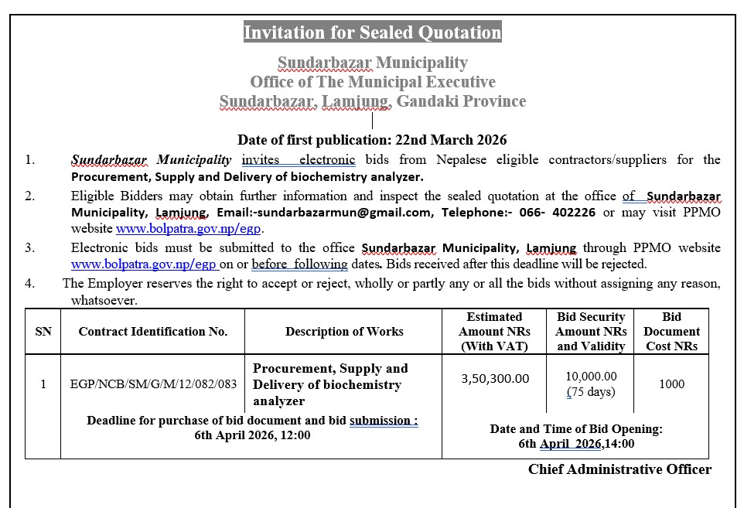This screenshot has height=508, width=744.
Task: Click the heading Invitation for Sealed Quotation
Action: coord(372,32)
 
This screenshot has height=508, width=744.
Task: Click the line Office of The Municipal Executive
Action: coord(372,81)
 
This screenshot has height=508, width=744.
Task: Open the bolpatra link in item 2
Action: coord(189,228)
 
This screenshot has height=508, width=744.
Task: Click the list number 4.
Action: coord(29,283)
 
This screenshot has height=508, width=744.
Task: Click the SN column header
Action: coord(43,332)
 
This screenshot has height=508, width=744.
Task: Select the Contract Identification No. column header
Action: coord(153,332)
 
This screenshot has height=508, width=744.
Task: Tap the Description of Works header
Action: coord(344,332)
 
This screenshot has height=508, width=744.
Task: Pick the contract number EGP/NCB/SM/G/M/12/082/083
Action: coord(153,384)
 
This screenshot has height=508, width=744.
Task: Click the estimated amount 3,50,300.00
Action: coord(495,378)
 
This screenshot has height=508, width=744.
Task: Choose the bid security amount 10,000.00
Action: coord(591,377)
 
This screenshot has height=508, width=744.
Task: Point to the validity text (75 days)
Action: coord(591,391)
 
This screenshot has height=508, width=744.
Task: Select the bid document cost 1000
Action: coord(671,384)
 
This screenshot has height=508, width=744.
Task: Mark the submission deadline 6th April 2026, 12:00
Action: coord(252,435)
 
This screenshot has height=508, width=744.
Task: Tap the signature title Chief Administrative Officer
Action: coord(619,469)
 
